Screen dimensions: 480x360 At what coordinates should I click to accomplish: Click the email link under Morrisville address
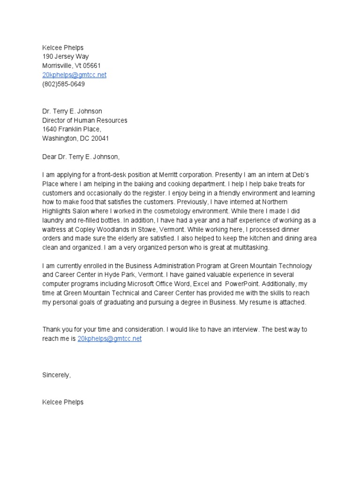74,75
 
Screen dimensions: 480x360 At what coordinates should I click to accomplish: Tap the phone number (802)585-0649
64,84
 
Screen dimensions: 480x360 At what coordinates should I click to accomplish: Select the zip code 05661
91,66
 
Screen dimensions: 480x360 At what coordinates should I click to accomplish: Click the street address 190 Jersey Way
65,57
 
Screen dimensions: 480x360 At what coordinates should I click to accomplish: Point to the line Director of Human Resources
84,120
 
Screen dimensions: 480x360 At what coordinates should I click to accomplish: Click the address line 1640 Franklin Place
71,129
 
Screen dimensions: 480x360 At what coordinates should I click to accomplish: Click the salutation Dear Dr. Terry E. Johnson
84,157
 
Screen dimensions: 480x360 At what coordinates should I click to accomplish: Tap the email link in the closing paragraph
109,338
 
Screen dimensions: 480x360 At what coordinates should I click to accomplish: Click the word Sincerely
56,375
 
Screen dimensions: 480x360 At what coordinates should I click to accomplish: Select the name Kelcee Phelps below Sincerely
63,402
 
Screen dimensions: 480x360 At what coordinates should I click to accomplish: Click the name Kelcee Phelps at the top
63,48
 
